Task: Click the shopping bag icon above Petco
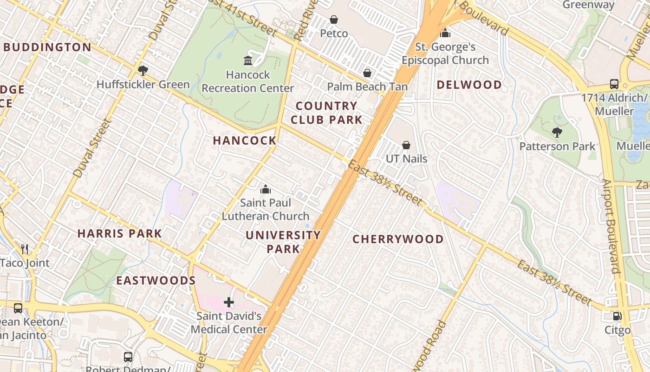(x=333, y=20)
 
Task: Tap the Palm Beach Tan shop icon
(x=367, y=73)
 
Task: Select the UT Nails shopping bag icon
(x=406, y=145)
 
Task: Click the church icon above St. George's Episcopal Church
(x=445, y=33)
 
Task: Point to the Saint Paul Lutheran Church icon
(x=266, y=189)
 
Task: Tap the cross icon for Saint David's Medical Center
(x=228, y=303)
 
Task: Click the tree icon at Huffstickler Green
(x=143, y=71)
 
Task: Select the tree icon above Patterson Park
(x=557, y=133)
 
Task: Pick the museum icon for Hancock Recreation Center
(x=247, y=61)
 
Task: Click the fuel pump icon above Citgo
(x=617, y=316)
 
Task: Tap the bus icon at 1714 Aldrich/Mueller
(x=614, y=85)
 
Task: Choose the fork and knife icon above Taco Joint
(x=25, y=249)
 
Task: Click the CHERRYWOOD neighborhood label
(x=398, y=239)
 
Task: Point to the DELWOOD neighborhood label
(x=469, y=85)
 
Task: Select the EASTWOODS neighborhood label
(x=156, y=280)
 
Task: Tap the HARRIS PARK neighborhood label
(x=120, y=233)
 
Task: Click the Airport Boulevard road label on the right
(x=611, y=226)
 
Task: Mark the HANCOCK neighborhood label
(x=245, y=140)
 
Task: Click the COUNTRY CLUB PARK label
(x=326, y=113)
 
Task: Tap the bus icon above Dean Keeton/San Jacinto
(x=18, y=308)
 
